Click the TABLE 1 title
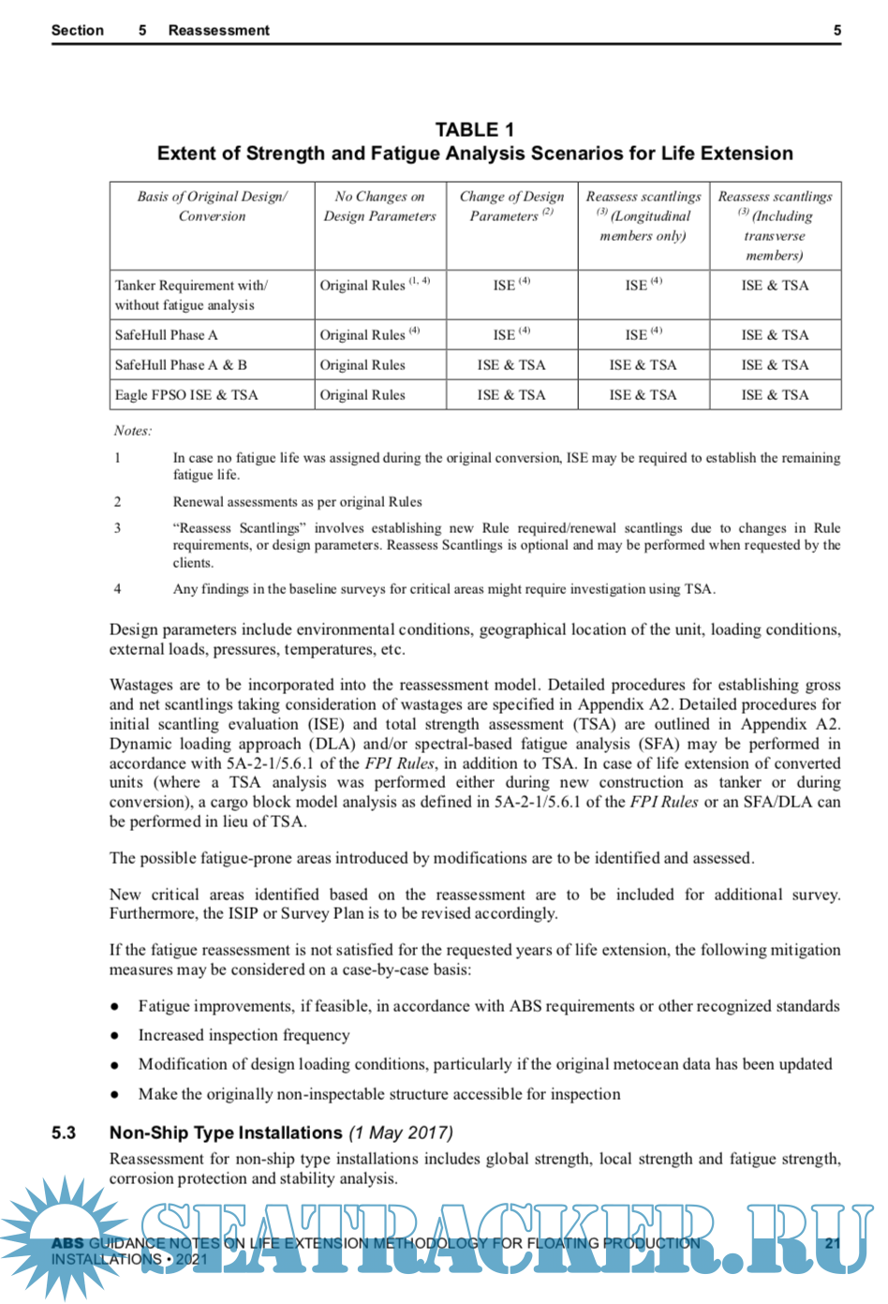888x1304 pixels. (x=474, y=129)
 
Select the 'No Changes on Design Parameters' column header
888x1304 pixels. (x=379, y=206)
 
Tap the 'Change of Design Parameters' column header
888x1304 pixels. (x=511, y=206)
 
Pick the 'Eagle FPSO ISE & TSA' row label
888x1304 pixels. (x=186, y=395)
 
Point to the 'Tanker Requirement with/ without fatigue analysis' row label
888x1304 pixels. (x=191, y=295)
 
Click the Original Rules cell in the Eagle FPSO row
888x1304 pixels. (x=363, y=395)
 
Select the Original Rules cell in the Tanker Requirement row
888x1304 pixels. (x=363, y=286)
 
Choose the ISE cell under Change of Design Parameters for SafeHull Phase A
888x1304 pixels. (x=505, y=335)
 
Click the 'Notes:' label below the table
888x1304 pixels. (x=133, y=431)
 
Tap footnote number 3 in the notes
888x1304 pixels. (x=117, y=528)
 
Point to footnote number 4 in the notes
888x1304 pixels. (x=117, y=589)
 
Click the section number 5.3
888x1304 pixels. (x=64, y=1133)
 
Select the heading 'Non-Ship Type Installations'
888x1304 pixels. (x=226, y=1133)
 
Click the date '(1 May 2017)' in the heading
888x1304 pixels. (x=401, y=1133)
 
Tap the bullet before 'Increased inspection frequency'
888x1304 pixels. (x=114, y=1036)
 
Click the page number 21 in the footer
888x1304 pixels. (x=833, y=1243)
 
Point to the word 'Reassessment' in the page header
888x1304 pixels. (x=218, y=30)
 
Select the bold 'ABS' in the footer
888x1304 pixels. (x=67, y=1243)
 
